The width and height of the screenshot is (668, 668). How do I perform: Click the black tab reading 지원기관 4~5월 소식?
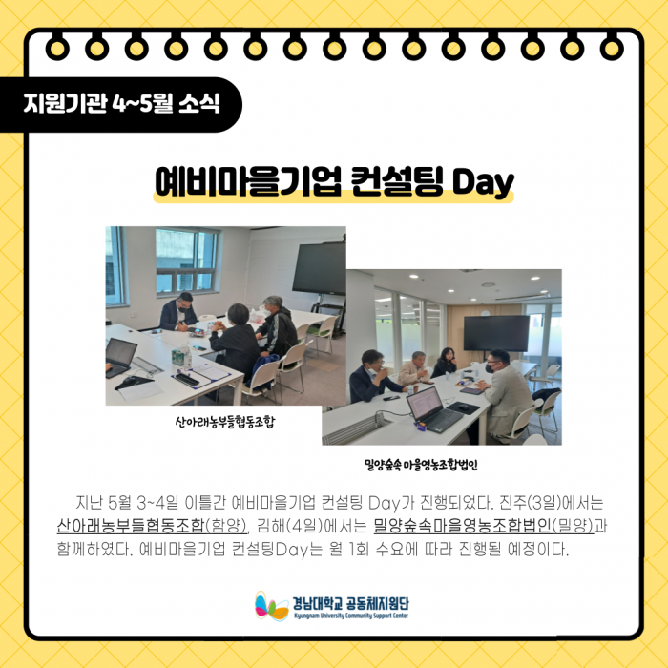click(x=120, y=104)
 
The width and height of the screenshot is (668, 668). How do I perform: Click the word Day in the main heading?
click(x=483, y=182)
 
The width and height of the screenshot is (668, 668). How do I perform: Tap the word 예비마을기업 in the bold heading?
click(x=248, y=181)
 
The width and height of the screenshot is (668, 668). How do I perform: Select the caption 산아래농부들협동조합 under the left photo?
click(x=225, y=422)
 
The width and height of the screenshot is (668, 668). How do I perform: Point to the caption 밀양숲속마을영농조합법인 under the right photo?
click(x=421, y=465)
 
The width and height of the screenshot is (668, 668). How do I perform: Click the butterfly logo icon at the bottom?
click(x=272, y=606)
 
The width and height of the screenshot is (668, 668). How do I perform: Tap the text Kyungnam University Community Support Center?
click(x=350, y=616)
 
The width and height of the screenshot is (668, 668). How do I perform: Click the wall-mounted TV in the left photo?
click(x=319, y=268)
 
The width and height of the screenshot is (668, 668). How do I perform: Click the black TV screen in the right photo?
click(x=496, y=333)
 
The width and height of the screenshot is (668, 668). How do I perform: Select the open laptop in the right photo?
click(x=433, y=409)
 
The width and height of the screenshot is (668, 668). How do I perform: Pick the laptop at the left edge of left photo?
click(x=120, y=358)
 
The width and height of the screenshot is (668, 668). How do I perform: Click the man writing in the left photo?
click(x=178, y=312)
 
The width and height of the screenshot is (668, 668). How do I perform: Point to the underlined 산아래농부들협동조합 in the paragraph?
click(x=132, y=527)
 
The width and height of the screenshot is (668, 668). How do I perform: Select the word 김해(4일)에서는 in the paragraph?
click(x=312, y=527)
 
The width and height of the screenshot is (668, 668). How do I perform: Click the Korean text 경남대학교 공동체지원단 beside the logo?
click(x=350, y=603)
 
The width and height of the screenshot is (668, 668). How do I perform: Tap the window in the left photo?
click(x=187, y=261)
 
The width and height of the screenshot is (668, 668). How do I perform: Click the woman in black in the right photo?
click(x=445, y=363)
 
